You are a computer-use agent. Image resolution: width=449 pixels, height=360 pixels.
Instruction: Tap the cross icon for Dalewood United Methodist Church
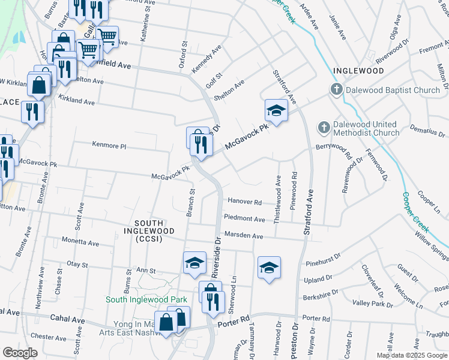pos(324,127)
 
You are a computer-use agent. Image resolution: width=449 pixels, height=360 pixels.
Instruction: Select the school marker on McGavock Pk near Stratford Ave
pos(276,111)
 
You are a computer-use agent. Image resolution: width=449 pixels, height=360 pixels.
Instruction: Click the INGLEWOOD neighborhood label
pos(358,71)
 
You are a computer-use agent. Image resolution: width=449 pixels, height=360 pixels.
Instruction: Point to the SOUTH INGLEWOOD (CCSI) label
pos(149,235)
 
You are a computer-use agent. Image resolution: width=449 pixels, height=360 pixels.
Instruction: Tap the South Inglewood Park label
pos(146,299)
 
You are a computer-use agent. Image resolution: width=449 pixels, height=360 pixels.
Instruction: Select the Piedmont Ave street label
pos(244,219)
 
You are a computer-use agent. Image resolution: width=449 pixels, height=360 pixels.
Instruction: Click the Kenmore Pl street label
pos(109,145)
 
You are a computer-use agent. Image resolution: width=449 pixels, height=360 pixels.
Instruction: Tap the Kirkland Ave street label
pos(76,102)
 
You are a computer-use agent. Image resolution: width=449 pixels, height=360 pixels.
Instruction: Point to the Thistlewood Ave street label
pos(277,200)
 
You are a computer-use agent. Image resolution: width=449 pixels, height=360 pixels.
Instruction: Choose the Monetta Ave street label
pos(80,242)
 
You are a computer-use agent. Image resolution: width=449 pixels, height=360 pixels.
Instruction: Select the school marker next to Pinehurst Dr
pos(270,268)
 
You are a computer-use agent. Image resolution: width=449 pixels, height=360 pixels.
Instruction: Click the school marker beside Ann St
pos(194,263)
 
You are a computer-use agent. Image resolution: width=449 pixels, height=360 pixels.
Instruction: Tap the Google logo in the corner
pos(20,353)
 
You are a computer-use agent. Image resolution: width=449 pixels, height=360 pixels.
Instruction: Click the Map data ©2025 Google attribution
pos(412,355)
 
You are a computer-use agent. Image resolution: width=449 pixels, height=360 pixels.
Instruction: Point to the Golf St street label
pos(214,76)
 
